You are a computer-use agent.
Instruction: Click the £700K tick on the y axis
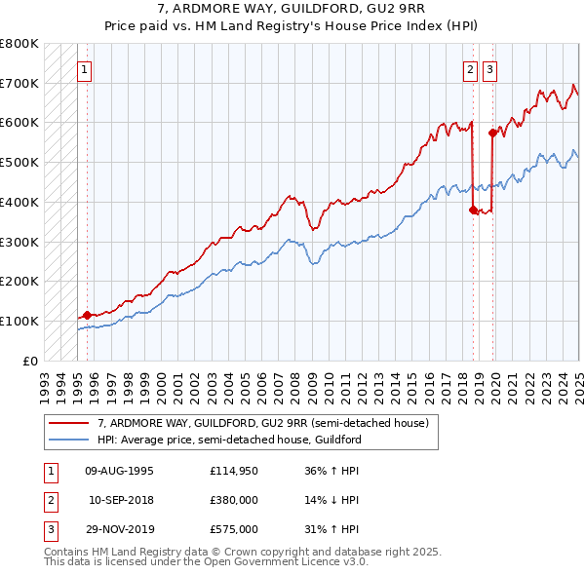tap(20, 83)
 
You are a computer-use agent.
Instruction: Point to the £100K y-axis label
tap(20, 321)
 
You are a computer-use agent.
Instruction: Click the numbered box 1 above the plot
tap(85, 69)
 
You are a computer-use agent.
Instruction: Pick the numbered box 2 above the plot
tap(470, 69)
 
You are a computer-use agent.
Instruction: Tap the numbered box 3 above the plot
tap(488, 69)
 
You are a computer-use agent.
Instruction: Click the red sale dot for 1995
tap(87, 315)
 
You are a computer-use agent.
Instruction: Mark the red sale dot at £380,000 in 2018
tap(473, 210)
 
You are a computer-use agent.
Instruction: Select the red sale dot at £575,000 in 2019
tap(492, 133)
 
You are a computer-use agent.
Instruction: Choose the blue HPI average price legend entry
tap(229, 440)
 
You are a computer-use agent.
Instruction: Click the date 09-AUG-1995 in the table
tap(120, 472)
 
